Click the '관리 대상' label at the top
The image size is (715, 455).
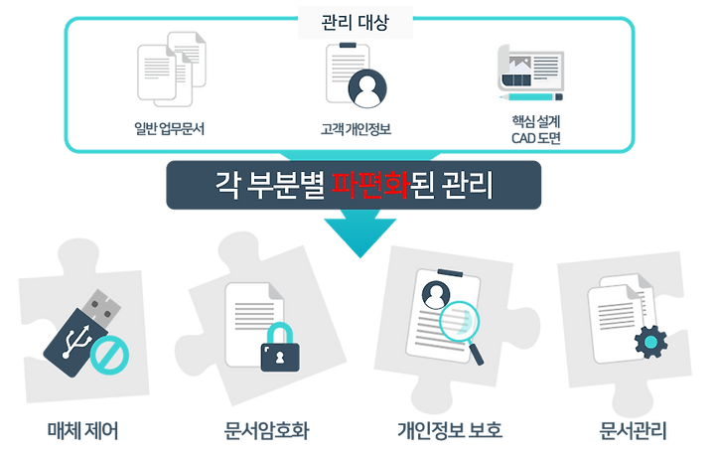(355, 25)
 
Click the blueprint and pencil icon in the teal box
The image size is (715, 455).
(530, 75)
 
